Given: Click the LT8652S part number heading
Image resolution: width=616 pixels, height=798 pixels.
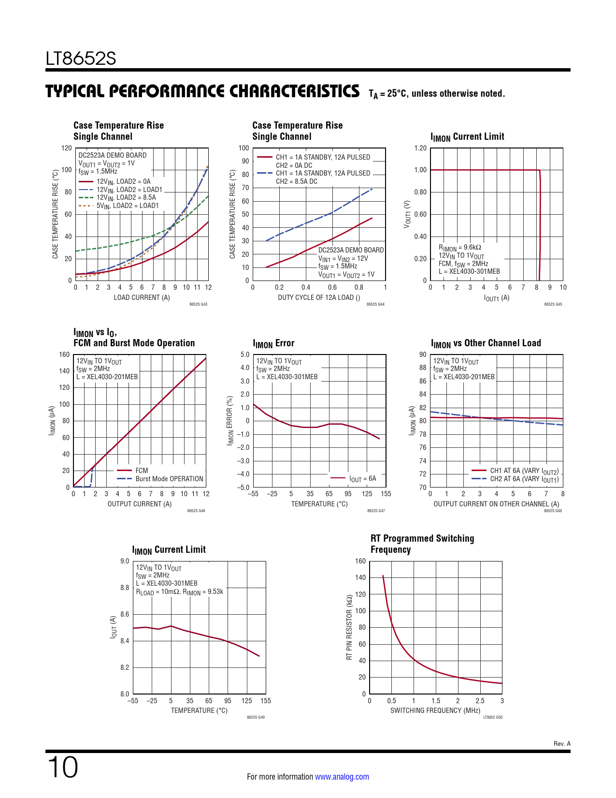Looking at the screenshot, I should pos(81,59).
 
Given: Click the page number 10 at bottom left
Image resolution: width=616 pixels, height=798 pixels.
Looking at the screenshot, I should pos(63,768).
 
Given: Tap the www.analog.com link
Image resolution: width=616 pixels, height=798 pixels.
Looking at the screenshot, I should pos(342,777).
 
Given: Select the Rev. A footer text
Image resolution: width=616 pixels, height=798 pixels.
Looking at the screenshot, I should pos(562,743).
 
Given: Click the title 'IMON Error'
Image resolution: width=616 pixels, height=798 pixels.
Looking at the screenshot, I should pos(273,343).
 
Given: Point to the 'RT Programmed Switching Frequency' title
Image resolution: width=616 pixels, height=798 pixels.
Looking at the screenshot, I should pos(422,544).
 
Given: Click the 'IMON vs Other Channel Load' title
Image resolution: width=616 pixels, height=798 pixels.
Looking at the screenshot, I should pos(486,343).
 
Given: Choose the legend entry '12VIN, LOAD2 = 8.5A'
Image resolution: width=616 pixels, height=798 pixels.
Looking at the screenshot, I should pos(126,197).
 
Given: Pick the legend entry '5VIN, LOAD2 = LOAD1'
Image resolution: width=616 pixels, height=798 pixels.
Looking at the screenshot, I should pos(128,206).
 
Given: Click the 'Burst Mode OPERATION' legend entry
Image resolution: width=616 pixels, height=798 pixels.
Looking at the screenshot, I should pos(169,479).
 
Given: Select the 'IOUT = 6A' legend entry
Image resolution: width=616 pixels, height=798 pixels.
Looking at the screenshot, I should pos(362,479).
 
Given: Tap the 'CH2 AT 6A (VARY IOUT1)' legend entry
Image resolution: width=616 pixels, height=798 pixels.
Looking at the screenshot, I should pos(524,479).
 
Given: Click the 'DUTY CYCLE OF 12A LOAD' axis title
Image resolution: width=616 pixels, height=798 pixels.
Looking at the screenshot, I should pos(318,297).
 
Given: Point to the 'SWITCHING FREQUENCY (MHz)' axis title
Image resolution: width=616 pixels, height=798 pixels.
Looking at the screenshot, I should pos(435,710).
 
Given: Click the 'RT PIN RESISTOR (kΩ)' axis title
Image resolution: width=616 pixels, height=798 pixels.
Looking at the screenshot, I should pos(349,627).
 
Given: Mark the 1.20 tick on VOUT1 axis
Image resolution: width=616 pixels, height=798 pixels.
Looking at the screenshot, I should pos(420,148).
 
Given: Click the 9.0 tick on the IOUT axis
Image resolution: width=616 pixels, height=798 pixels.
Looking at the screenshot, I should pos(125,561).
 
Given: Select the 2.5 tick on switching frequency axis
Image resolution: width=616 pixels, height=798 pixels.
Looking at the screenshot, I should pos(480,701).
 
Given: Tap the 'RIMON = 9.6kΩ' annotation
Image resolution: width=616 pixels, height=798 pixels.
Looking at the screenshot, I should pos(459,248).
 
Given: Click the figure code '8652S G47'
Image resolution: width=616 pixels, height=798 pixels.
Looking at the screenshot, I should pos(376,511).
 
